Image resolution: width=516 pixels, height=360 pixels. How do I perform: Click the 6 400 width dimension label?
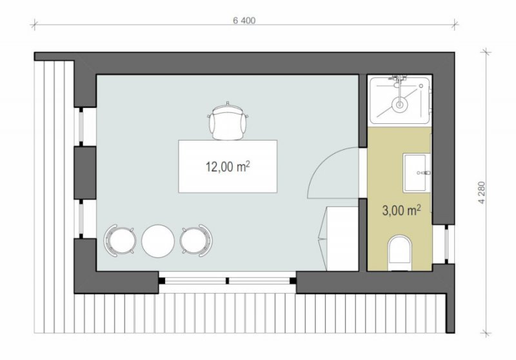click(244, 21)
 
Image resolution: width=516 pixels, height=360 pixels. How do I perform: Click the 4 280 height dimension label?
click(482, 192)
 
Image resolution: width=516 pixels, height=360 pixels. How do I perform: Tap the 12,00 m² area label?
click(228, 166)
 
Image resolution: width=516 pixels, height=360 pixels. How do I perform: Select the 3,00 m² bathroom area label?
click(401, 210)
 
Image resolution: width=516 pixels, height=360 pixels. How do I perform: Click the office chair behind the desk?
click(228, 121)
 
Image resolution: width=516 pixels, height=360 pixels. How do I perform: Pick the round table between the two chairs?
click(158, 241)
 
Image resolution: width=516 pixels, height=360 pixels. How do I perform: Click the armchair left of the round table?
click(120, 241)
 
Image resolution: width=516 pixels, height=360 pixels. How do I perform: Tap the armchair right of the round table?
click(196, 241)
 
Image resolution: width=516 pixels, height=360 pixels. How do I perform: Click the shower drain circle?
click(399, 105)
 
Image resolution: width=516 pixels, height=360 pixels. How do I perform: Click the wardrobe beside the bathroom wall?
click(339, 239)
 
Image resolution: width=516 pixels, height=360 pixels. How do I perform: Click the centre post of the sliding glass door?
click(228, 281)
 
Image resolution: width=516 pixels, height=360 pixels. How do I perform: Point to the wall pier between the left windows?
click(85, 173)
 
